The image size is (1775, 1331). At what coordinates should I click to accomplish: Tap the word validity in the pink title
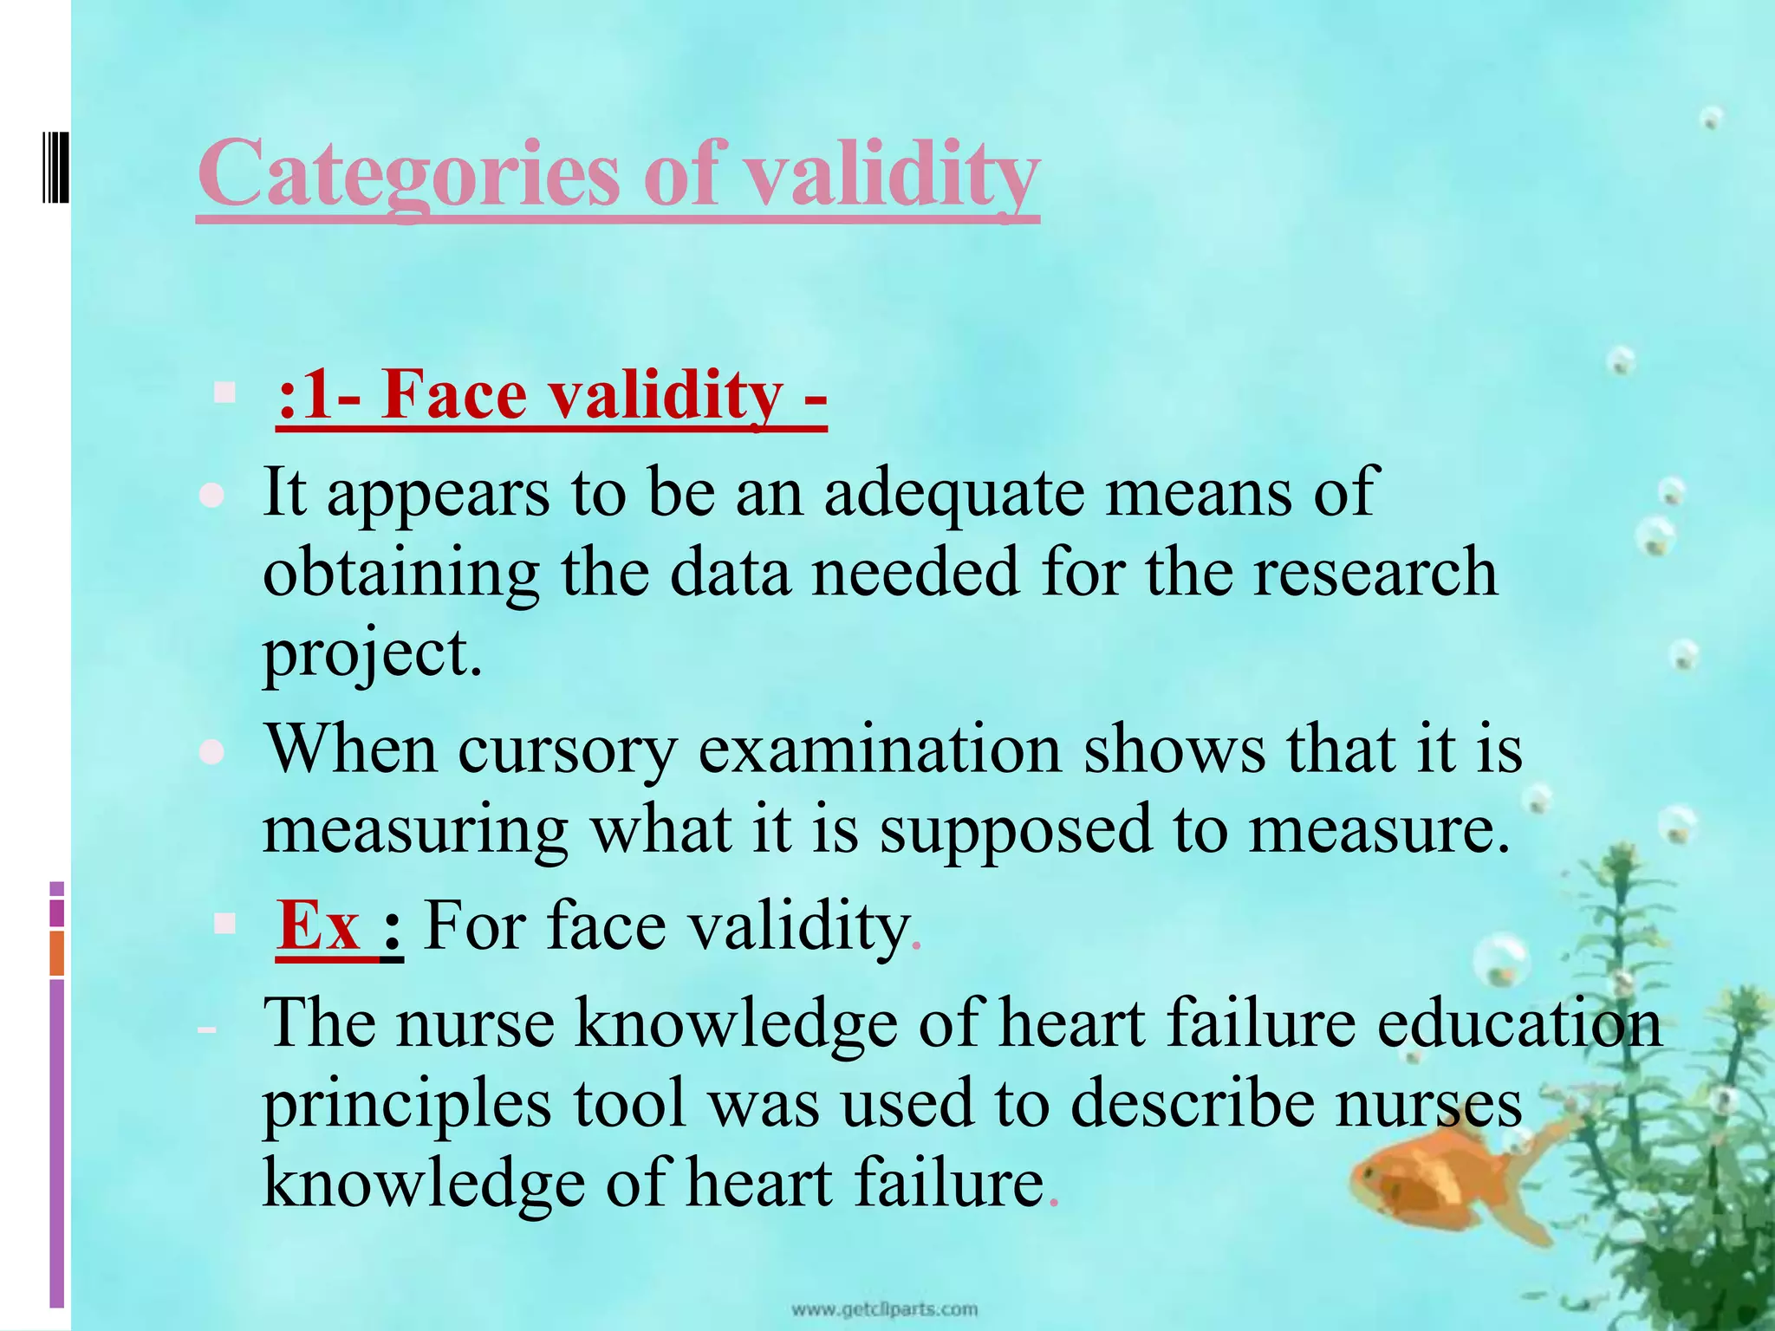pos(893,176)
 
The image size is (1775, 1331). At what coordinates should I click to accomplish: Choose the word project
pos(371,655)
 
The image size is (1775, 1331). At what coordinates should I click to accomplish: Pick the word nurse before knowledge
pos(476,1024)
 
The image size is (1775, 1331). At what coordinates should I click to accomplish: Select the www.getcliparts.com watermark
pos(885,1309)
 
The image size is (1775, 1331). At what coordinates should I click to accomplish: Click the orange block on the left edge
pos(56,953)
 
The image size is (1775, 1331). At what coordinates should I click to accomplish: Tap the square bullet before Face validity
pos(224,393)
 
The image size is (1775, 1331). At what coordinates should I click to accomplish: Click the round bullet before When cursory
pos(211,752)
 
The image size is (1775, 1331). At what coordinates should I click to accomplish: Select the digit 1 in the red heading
pos(317,395)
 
